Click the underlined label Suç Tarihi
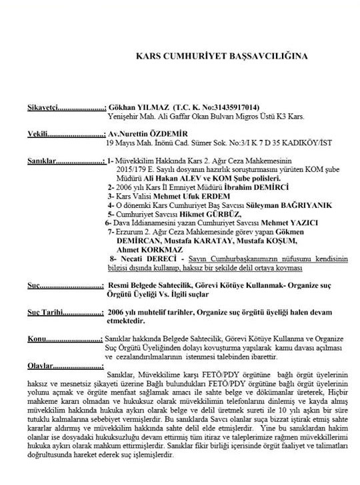click(x=45, y=311)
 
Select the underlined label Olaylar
click(x=38, y=366)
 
